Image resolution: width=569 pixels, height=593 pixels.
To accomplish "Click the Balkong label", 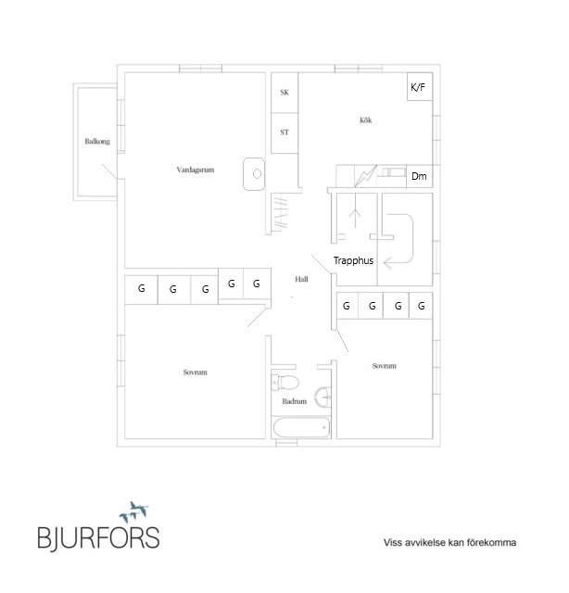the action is tap(97, 142).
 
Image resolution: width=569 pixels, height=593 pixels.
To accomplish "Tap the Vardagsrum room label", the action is tap(196, 170).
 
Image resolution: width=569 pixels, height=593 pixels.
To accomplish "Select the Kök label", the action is tap(365, 120).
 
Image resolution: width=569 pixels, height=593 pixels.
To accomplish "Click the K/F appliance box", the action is tap(420, 86).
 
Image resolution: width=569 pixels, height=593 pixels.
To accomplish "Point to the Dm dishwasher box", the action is tap(420, 176).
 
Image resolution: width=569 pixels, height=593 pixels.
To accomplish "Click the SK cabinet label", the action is tap(284, 93).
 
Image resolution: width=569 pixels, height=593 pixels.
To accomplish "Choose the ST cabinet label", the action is tap(284, 132).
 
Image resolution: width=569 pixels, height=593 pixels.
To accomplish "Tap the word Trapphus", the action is tap(353, 260).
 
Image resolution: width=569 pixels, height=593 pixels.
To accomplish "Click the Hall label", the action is tap(301, 280).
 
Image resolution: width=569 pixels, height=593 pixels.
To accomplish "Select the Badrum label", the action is tap(295, 401).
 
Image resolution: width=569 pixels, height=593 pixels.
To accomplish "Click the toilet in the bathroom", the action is tap(285, 382).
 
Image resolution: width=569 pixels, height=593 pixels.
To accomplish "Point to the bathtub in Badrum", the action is tap(301, 428).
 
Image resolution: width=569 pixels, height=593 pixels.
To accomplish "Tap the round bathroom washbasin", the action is tap(323, 397).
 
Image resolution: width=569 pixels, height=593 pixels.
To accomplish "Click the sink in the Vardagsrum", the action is tap(254, 174).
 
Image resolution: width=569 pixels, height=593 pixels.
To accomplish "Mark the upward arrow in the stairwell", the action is tap(355, 218).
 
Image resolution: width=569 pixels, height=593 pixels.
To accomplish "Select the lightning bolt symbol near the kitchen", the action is tap(365, 176).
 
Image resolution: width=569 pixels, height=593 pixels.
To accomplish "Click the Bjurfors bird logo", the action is tap(133, 512).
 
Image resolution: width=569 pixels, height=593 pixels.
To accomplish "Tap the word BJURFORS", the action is tap(99, 537).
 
